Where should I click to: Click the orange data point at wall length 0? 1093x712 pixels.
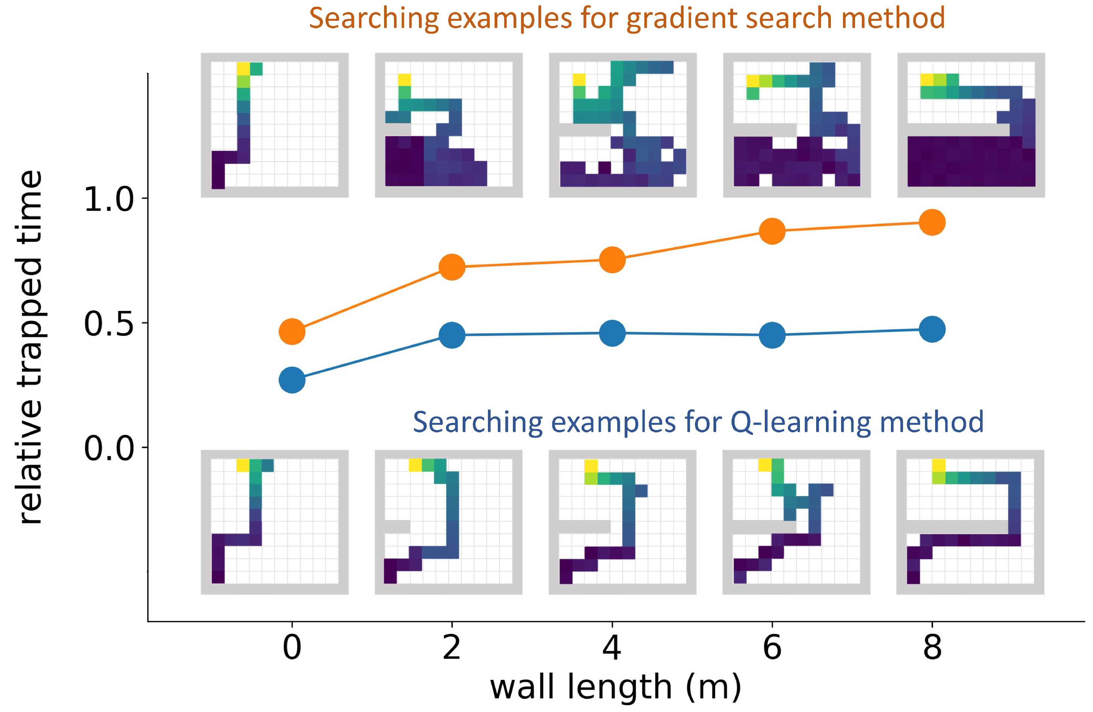tap(292, 331)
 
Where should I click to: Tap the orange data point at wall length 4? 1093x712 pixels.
tap(612, 260)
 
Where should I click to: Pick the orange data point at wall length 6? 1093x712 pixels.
tap(772, 231)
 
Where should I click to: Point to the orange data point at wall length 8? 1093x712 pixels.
tap(932, 223)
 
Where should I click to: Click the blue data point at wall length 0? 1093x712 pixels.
tap(292, 380)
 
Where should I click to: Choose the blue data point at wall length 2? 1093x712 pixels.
tap(452, 335)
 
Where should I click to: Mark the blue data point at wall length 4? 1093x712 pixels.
tap(612, 333)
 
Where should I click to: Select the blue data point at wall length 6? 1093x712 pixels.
tap(772, 335)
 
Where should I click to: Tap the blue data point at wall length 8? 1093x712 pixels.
tap(932, 329)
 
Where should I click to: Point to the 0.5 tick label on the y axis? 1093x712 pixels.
tap(109, 324)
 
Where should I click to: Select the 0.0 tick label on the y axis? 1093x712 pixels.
tap(109, 449)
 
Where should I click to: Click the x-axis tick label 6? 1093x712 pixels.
tap(772, 648)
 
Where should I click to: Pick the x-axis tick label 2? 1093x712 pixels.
tap(452, 648)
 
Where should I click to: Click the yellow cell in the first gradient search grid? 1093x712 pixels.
tap(243, 69)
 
